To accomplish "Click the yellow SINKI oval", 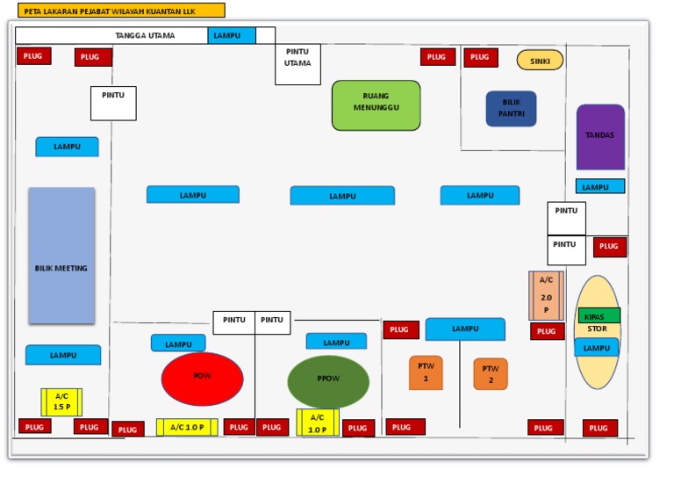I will (540, 60).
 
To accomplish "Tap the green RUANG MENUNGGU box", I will (376, 105).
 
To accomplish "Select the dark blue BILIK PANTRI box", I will (511, 109).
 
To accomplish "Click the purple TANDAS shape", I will (600, 137).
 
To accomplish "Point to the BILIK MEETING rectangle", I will (61, 256).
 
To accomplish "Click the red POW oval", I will (202, 379).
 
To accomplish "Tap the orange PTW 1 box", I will (426, 372).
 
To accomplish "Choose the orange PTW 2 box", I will (491, 374).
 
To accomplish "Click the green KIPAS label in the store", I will (599, 316).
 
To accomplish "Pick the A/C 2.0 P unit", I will (546, 296).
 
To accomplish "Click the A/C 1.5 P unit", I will (61, 401).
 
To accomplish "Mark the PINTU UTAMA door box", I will (298, 64).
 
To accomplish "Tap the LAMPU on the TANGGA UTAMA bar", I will (232, 36).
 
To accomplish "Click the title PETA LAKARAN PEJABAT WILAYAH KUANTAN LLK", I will (120, 11).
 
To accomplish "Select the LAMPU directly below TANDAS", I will (600, 186).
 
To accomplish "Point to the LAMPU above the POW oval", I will (178, 343).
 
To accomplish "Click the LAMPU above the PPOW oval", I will (336, 342).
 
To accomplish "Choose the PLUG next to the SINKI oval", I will (481, 58).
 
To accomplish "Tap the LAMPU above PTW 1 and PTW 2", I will (465, 329).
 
